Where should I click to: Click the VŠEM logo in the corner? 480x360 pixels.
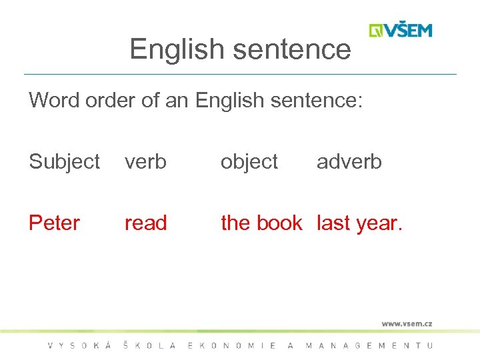(x=401, y=31)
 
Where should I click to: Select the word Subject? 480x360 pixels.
(x=64, y=162)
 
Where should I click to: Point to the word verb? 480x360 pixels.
(x=145, y=162)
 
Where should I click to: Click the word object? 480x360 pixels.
(x=249, y=162)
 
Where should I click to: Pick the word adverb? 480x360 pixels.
(x=349, y=162)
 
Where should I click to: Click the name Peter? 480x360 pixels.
(x=54, y=223)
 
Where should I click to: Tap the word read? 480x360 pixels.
(x=145, y=223)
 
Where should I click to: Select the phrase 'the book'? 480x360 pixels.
(x=261, y=223)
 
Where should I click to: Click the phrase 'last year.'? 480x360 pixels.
(x=360, y=223)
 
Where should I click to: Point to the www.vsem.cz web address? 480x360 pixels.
(x=407, y=324)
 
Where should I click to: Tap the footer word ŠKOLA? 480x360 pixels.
(x=150, y=345)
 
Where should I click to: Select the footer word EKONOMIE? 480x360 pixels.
(x=231, y=345)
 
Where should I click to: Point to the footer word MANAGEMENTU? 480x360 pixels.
(x=369, y=345)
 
